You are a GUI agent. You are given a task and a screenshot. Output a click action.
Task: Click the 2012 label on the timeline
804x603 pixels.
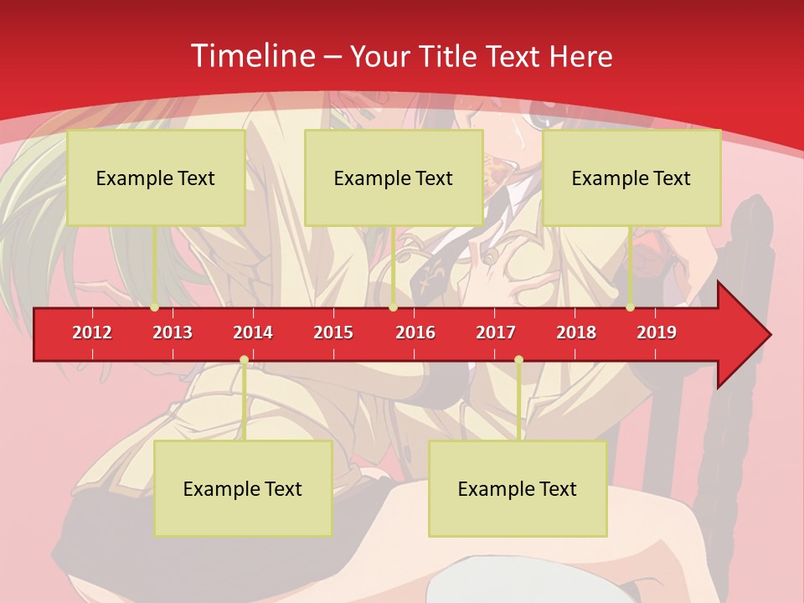(92, 332)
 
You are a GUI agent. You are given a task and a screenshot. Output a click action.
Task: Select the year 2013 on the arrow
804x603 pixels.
(173, 332)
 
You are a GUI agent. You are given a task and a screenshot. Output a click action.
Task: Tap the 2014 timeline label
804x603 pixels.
(253, 332)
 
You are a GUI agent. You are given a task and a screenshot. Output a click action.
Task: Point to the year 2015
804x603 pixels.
(333, 332)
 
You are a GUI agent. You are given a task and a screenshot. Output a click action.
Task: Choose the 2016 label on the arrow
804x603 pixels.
(415, 332)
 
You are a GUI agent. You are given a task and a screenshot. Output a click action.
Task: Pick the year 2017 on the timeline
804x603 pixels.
(496, 332)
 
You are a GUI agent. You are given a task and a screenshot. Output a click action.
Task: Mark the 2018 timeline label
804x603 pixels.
(576, 332)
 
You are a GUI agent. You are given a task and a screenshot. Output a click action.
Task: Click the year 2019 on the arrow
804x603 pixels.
(657, 332)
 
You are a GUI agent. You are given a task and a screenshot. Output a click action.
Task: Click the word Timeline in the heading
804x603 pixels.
(251, 56)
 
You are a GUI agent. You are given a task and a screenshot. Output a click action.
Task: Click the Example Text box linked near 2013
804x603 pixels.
(156, 178)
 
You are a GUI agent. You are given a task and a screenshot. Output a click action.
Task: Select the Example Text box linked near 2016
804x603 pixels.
(394, 178)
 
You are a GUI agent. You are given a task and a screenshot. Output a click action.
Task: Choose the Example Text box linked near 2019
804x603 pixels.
(631, 178)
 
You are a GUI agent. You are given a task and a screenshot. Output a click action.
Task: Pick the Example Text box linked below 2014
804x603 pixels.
(243, 488)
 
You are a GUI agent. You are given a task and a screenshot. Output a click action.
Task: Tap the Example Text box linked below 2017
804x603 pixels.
(518, 488)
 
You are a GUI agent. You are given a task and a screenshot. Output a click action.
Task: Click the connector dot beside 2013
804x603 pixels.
(155, 307)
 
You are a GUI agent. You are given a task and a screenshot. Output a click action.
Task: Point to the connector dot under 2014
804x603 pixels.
(244, 360)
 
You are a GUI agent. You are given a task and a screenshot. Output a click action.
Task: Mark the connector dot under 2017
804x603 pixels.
(518, 360)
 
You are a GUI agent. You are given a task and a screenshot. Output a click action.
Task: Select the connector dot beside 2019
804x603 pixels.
(631, 307)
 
